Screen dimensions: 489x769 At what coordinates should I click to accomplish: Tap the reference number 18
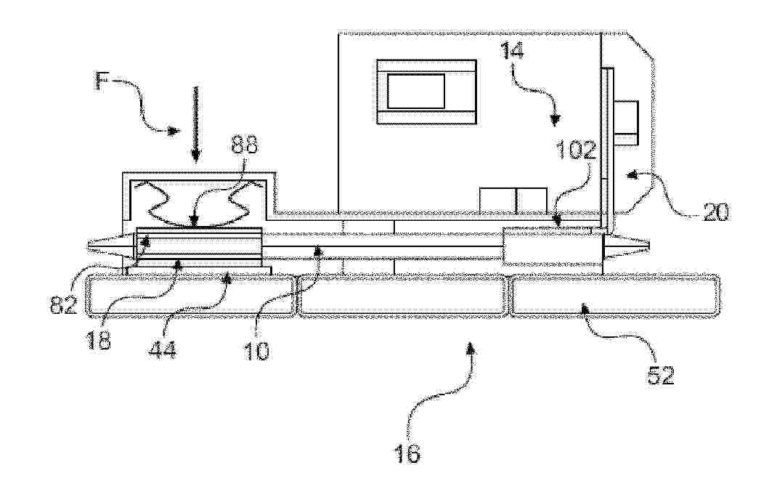(x=99, y=340)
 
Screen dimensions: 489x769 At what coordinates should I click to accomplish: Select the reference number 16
(x=408, y=455)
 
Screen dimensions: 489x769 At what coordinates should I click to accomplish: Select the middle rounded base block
(x=402, y=295)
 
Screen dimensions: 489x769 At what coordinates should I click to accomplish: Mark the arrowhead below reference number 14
(x=556, y=119)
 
